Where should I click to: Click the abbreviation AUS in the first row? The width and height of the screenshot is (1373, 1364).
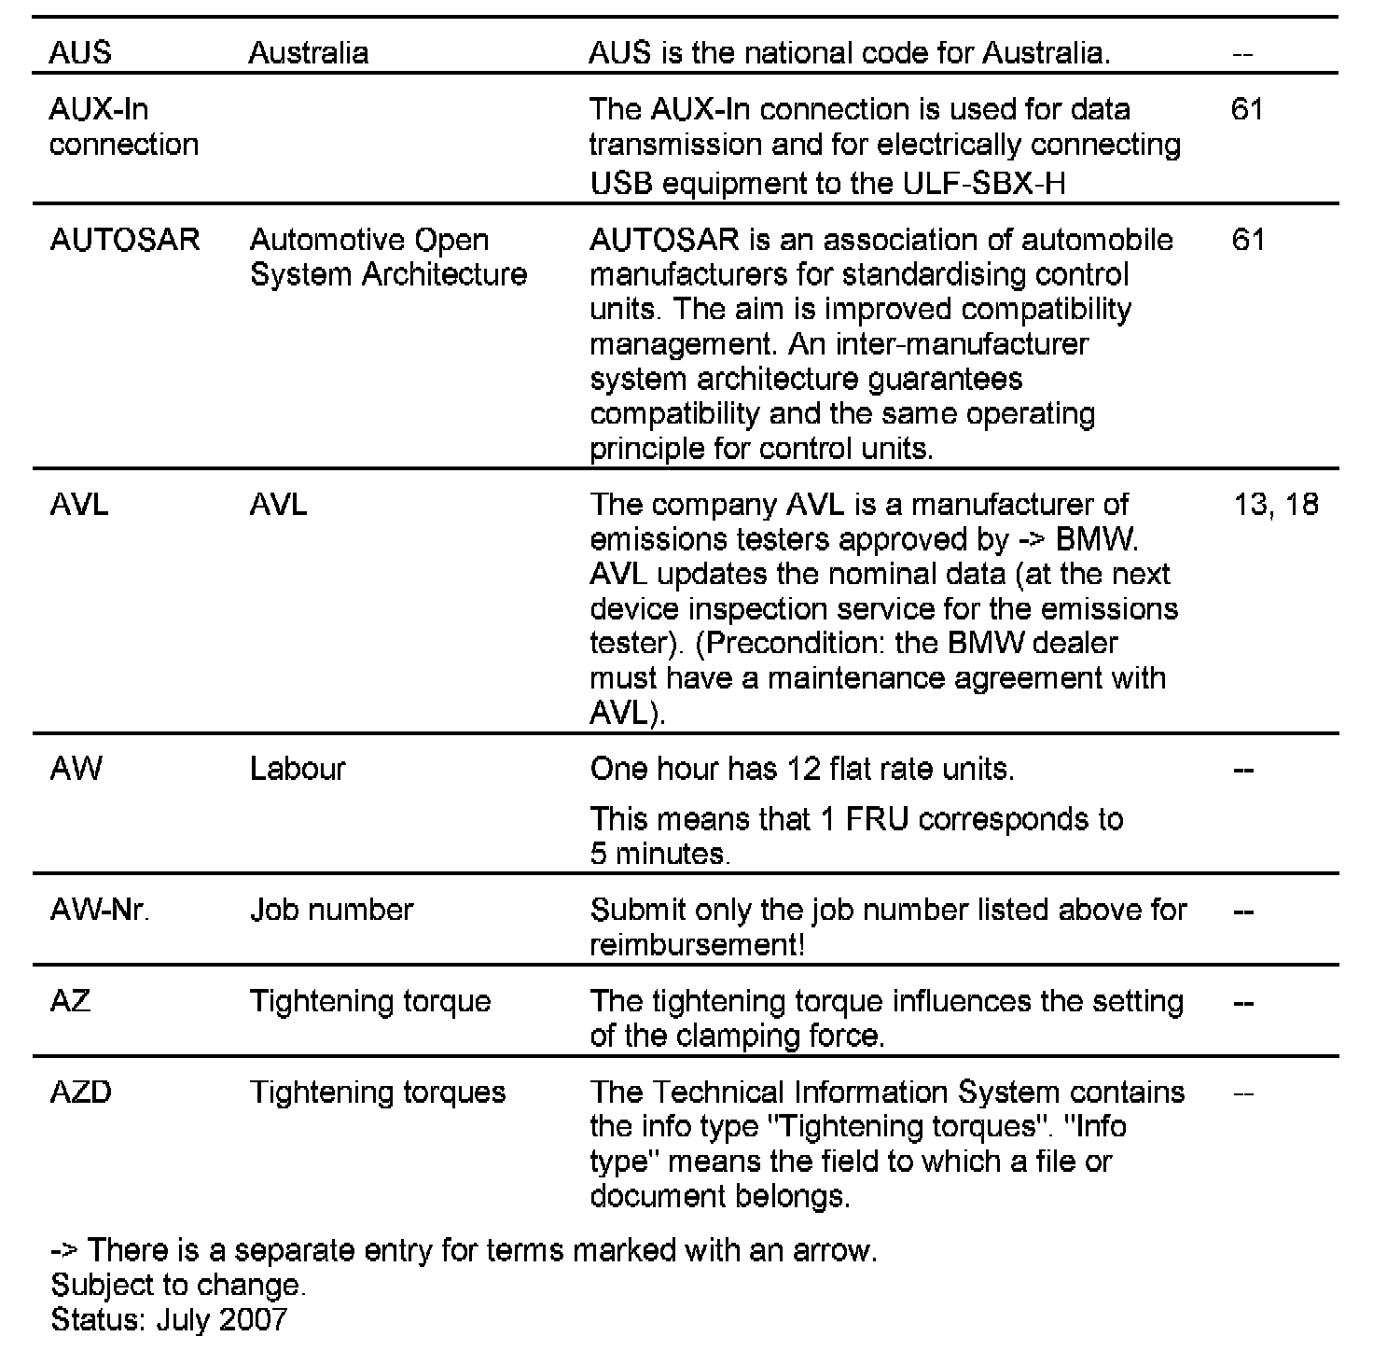[x=79, y=52]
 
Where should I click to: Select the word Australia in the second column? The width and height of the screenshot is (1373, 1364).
[x=308, y=52]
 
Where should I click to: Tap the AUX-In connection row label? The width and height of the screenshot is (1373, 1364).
[x=123, y=127]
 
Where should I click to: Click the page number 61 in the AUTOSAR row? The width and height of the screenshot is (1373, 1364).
[x=1248, y=240]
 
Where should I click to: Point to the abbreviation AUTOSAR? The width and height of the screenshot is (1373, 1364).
[x=125, y=240]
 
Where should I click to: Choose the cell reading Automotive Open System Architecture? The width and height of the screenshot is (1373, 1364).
[x=388, y=257]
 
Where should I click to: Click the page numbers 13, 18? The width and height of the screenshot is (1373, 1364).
[x=1275, y=505]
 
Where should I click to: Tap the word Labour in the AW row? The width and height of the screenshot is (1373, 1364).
[x=298, y=769]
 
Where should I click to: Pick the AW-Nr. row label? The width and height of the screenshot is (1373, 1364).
[x=100, y=910]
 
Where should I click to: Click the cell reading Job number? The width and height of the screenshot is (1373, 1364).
[x=331, y=910]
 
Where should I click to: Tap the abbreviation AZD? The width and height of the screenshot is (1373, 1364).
[x=81, y=1092]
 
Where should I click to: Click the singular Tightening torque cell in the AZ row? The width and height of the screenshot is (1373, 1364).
[x=370, y=1001]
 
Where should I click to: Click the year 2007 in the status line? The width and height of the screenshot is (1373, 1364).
[x=254, y=1319]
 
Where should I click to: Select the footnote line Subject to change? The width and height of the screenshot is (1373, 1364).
[x=178, y=1285]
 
